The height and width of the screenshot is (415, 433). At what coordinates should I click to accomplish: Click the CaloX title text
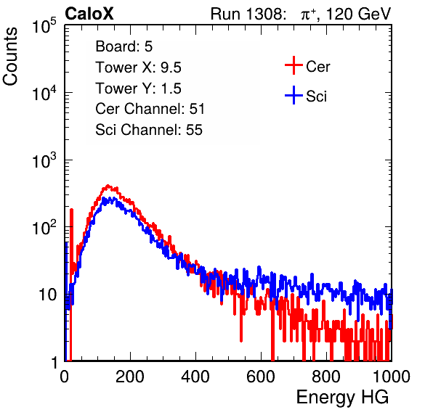(89, 14)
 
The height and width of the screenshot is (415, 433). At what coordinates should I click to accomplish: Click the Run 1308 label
(248, 14)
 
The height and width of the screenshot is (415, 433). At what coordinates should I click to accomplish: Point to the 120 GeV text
(358, 14)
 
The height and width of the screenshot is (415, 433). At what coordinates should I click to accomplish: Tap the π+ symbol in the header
(309, 15)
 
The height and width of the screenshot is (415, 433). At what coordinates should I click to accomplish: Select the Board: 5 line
(124, 46)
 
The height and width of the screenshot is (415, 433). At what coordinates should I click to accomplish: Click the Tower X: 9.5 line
(138, 67)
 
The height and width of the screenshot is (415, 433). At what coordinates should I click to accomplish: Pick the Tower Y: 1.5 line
(138, 89)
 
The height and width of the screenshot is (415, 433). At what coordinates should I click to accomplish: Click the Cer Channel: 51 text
(150, 109)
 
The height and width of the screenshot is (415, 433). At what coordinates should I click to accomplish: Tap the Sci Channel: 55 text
(149, 130)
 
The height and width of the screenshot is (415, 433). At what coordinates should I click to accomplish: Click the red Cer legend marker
(294, 65)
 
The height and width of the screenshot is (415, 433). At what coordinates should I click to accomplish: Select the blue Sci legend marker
(294, 96)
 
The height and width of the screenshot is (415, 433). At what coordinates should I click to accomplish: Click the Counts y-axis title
(10, 57)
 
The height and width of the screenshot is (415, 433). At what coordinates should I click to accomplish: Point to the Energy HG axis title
(342, 398)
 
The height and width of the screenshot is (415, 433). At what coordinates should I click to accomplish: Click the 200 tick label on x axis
(130, 377)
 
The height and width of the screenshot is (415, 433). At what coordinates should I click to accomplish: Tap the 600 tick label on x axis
(261, 377)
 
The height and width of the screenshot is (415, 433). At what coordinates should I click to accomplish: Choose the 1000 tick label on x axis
(392, 377)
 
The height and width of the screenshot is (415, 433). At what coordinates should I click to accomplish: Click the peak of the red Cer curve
(108, 186)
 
